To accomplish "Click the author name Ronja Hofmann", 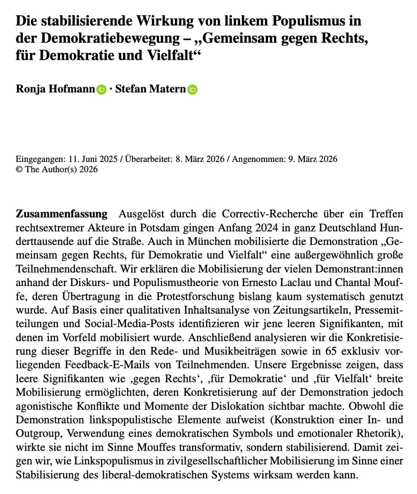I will point(55,89).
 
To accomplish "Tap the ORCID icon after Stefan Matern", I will point(192,90).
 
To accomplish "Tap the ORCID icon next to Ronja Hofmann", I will point(101,90).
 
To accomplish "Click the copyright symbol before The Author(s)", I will point(19,169).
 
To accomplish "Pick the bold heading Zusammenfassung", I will point(62,214).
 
